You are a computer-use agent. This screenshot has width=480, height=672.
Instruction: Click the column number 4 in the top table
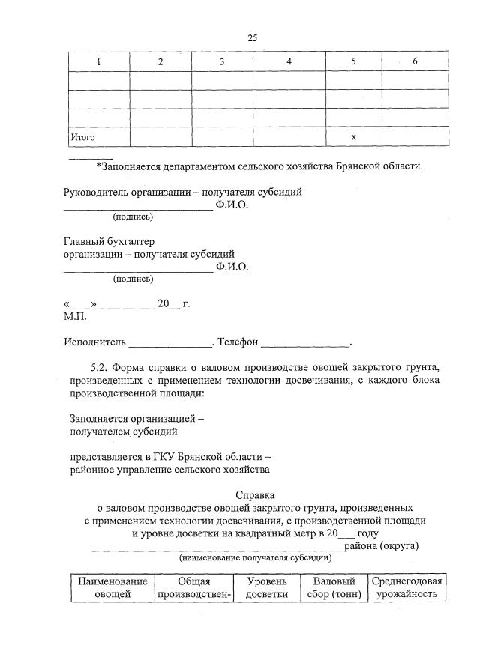pyautogui.click(x=289, y=61)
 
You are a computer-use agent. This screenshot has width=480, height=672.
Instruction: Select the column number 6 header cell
pyautogui.click(x=415, y=61)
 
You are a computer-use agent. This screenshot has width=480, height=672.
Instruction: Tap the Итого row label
pyautogui.click(x=82, y=138)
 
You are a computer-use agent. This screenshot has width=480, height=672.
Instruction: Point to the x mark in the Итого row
pyautogui.click(x=353, y=138)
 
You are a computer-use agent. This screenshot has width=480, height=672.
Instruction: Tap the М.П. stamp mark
pyautogui.click(x=76, y=316)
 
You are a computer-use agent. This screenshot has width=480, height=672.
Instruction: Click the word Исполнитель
pyautogui.click(x=94, y=342)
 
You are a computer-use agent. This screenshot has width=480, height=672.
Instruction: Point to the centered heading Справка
pyautogui.click(x=255, y=494)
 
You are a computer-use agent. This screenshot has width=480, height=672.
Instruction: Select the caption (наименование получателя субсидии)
pyautogui.click(x=255, y=558)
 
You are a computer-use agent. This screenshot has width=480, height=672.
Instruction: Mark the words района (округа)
pyautogui.click(x=381, y=545)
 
